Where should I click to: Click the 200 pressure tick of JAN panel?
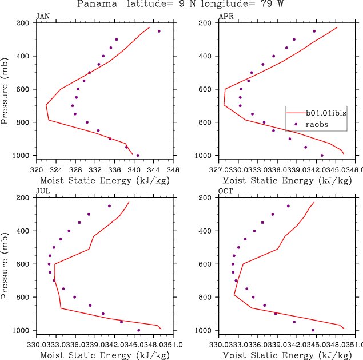point(23,23)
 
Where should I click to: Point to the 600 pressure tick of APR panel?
point(206,89)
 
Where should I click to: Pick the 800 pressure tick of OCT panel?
point(206,297)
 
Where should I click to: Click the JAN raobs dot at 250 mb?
point(159,31)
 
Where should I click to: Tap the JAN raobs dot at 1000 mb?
point(138,155)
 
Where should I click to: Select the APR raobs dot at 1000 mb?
point(322,155)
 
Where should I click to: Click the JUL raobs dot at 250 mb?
point(109,206)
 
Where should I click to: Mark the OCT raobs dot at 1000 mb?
point(313,330)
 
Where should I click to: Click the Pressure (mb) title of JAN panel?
point(5,89)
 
